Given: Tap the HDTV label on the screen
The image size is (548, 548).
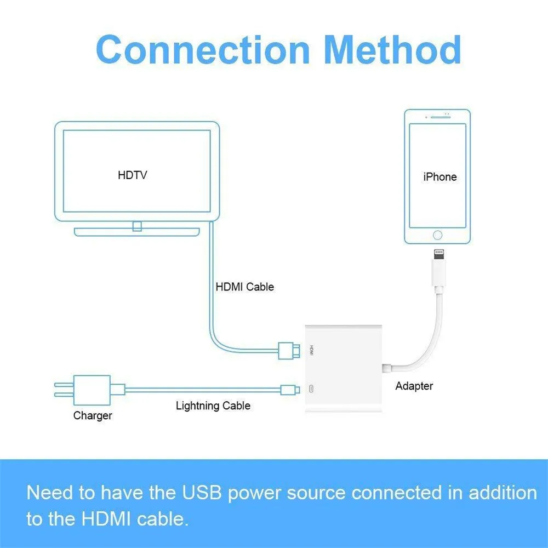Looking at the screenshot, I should (133, 175).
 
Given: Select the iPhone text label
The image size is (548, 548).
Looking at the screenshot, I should (439, 177).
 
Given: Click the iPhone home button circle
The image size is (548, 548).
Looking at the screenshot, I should (437, 235).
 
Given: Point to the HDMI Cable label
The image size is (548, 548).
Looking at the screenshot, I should (244, 287).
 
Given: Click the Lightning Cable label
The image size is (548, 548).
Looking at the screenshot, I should (213, 406).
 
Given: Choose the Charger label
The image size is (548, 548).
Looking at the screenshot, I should (93, 416).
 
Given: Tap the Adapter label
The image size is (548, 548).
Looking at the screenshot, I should (414, 386).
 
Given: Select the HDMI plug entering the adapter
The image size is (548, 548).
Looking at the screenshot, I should (288, 350).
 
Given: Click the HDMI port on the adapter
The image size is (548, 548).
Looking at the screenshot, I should (311, 349).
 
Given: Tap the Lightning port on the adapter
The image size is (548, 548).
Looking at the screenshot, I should (311, 390).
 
